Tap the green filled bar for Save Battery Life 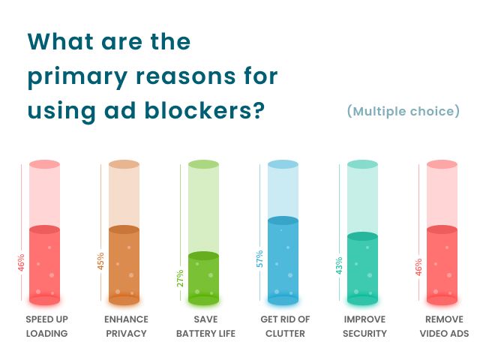203,278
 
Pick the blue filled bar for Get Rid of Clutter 283,260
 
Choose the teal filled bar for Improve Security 362,268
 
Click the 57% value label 259,259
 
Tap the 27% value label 180,278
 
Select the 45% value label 100,261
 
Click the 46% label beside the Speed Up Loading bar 21,262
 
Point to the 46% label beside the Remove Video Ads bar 418,266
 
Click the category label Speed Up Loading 46,326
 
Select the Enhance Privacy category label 126,326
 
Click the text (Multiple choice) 403,112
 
